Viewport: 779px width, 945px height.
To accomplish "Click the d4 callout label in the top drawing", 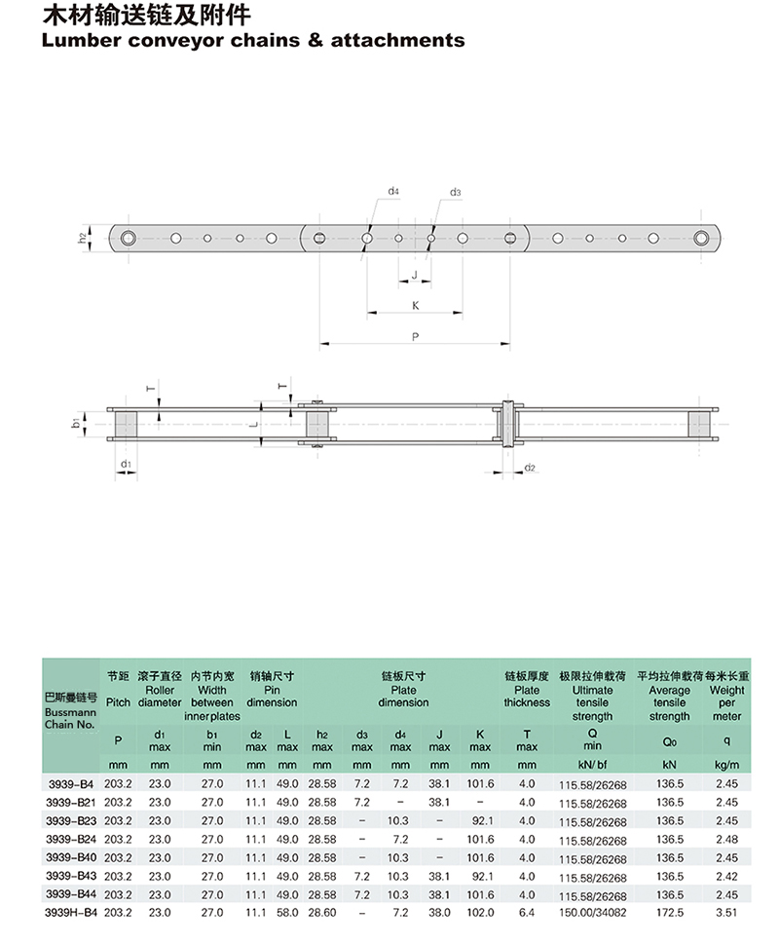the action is (x=392, y=191).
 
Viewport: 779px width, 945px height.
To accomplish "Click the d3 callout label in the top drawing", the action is (x=455, y=192).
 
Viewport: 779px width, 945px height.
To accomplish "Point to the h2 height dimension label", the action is (x=82, y=238).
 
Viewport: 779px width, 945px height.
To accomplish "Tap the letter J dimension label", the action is (x=415, y=275).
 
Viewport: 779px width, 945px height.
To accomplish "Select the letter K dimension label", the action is (x=415, y=306).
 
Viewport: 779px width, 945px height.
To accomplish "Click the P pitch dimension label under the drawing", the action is (x=415, y=337).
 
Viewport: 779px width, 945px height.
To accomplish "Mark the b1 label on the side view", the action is (x=76, y=423).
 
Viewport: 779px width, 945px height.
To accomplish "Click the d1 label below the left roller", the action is (x=126, y=464).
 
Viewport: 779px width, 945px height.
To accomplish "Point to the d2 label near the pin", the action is (x=530, y=467).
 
